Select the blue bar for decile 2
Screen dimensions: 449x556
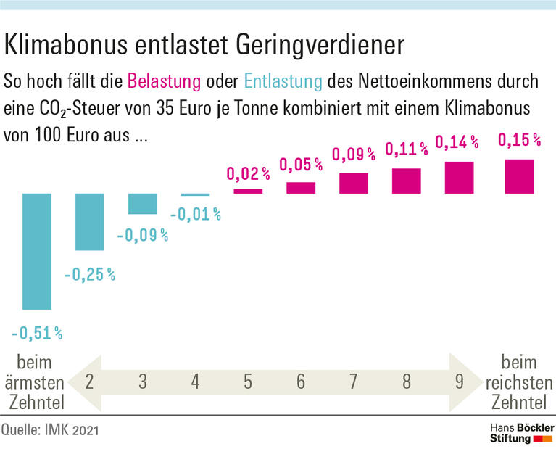(90, 222)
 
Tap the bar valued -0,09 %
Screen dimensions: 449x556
(143, 204)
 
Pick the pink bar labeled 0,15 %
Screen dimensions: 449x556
(519, 176)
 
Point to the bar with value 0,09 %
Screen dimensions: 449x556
(354, 183)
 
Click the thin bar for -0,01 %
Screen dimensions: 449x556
(196, 194)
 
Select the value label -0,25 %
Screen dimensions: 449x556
(90, 275)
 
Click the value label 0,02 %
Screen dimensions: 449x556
(249, 173)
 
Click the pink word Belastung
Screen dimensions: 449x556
(163, 80)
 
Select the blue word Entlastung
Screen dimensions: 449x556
(283, 80)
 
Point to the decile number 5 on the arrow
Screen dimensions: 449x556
(248, 382)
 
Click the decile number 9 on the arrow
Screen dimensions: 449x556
(459, 382)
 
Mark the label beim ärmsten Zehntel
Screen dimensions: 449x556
(34, 382)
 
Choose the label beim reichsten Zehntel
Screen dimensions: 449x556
(519, 382)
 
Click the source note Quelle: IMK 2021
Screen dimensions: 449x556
(50, 431)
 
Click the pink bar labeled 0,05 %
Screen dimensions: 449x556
(301, 188)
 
